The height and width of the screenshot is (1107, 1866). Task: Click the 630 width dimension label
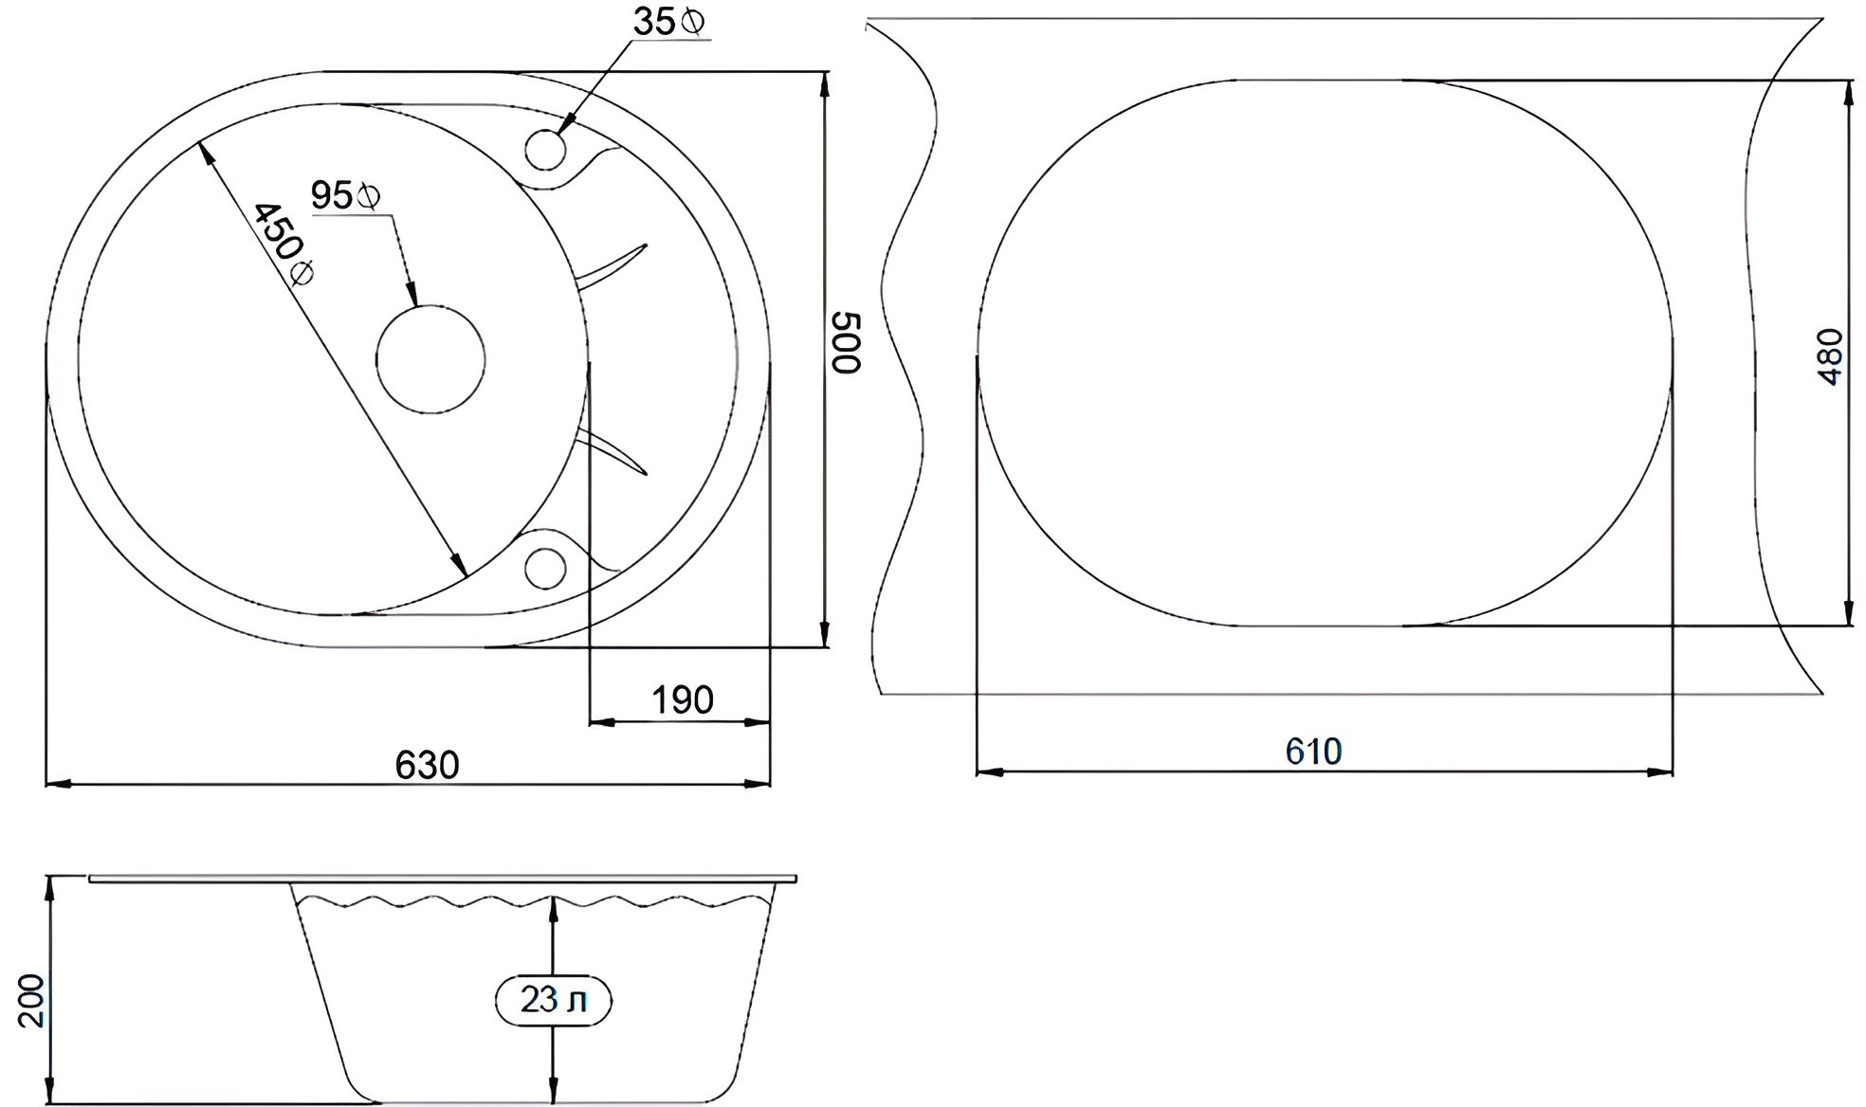(427, 764)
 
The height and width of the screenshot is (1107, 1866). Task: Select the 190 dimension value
(682, 700)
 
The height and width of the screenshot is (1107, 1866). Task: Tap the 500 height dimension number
(844, 341)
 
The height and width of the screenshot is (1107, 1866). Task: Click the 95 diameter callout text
(332, 196)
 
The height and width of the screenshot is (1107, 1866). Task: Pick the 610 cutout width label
(1313, 752)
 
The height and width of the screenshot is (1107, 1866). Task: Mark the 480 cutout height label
(1831, 356)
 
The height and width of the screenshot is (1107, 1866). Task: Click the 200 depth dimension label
(30, 1000)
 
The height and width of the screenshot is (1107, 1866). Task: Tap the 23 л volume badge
(554, 1001)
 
